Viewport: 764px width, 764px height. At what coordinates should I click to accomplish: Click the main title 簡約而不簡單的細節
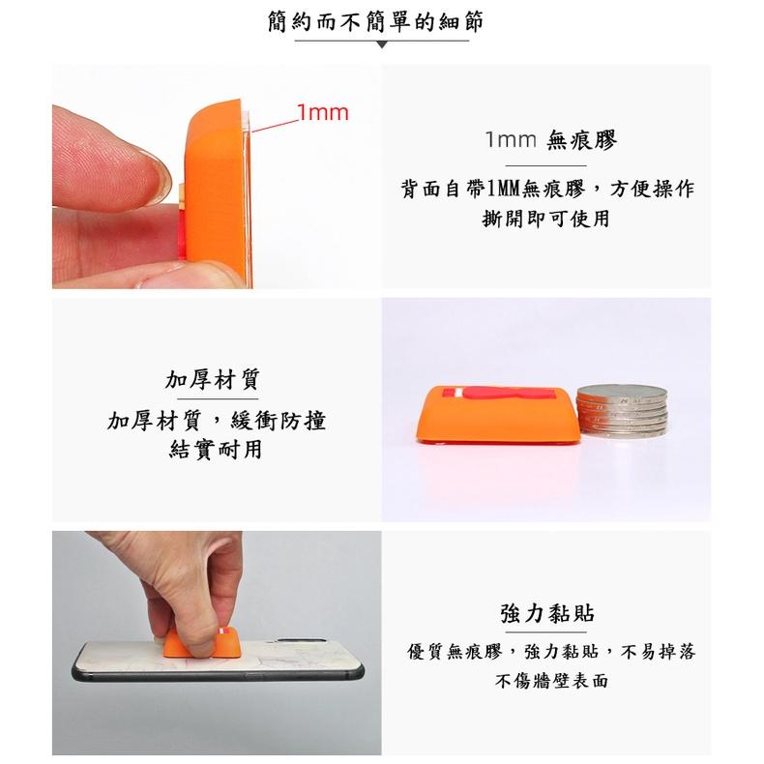click(375, 22)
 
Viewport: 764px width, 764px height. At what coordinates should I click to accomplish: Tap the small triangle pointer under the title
click(382, 44)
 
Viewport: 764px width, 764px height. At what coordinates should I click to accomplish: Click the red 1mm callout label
click(323, 112)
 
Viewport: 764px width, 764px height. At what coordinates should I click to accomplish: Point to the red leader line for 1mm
click(275, 126)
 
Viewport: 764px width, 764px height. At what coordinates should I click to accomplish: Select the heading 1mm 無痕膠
click(551, 140)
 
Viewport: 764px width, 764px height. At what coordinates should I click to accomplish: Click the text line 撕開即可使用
click(545, 219)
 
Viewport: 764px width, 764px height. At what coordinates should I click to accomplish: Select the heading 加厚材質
click(213, 379)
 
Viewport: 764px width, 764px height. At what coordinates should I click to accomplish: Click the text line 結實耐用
click(216, 450)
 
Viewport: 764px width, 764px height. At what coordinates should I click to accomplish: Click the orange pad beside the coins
click(497, 415)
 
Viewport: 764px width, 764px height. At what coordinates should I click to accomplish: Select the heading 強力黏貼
click(546, 613)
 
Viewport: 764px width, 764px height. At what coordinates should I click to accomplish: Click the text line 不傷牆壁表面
click(551, 681)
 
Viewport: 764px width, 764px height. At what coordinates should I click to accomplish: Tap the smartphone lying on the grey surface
click(218, 661)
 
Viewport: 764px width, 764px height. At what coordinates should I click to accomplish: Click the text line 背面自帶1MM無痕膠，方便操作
click(547, 189)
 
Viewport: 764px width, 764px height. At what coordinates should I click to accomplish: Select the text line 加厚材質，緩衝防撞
click(217, 421)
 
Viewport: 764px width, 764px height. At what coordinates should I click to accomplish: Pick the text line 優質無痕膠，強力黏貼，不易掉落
click(551, 652)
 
